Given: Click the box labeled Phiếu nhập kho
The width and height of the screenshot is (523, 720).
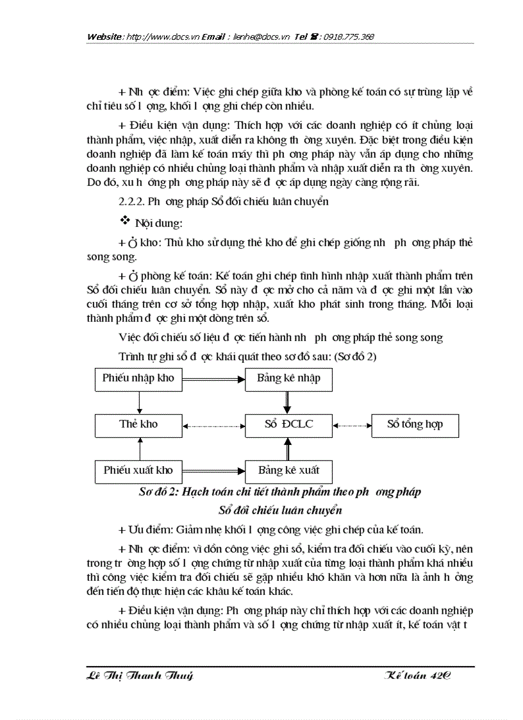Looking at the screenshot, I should point(138,378).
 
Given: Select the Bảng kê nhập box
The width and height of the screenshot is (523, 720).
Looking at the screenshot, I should point(288,378).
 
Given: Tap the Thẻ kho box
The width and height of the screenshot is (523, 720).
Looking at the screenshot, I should point(138,424).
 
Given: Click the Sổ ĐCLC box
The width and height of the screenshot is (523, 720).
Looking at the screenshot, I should point(288,424).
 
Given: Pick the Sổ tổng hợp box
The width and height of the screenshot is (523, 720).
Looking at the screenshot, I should point(415,424).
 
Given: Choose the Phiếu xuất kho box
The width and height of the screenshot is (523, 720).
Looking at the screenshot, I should point(138,471).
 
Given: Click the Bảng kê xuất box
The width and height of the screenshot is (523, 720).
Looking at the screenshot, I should point(288,471).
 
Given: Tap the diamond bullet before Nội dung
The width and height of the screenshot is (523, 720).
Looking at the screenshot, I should point(125,221).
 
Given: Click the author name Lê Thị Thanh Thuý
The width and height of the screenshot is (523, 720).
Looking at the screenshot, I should point(139,676).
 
